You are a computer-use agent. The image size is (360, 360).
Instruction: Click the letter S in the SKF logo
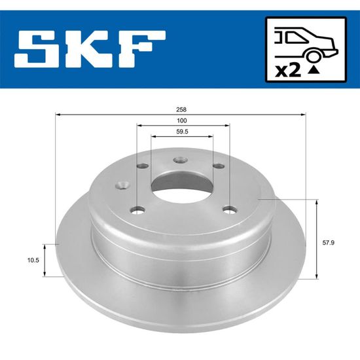pyautogui.click(x=37, y=49)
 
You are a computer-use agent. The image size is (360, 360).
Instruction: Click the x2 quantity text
pyautogui.click(x=288, y=71)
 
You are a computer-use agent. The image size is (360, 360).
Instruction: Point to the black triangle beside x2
pyautogui.click(x=314, y=71)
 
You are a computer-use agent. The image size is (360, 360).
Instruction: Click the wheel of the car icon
pyautogui.click(x=314, y=56)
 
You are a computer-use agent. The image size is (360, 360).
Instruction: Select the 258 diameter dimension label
pyautogui.click(x=181, y=109)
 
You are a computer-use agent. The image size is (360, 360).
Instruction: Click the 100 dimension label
pyautogui.click(x=181, y=120)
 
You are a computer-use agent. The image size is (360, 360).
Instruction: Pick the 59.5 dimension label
pyautogui.click(x=182, y=132)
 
